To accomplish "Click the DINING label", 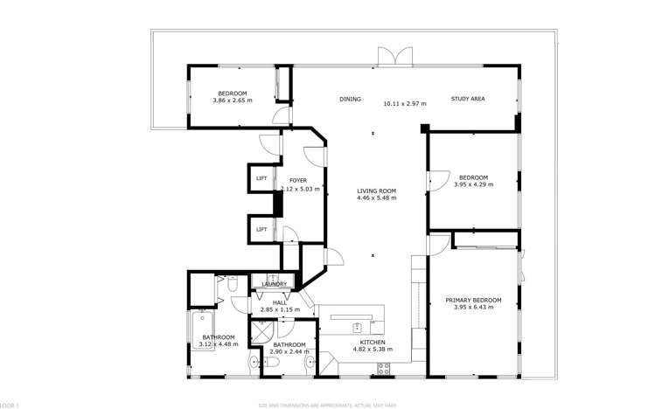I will click(x=350, y=100).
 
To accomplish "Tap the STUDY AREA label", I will click(x=468, y=99).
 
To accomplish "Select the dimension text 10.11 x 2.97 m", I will click(x=405, y=104).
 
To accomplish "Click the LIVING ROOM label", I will click(x=376, y=191).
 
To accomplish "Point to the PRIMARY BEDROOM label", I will click(x=473, y=300).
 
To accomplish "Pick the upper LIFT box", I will click(x=261, y=179).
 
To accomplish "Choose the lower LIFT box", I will click(x=261, y=230).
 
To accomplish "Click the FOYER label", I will click(x=298, y=181).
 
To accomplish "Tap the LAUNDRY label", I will click(x=275, y=284).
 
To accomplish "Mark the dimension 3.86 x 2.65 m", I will click(x=232, y=101).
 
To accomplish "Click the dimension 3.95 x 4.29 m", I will click(x=473, y=184).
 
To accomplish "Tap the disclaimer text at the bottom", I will click(x=327, y=405).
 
